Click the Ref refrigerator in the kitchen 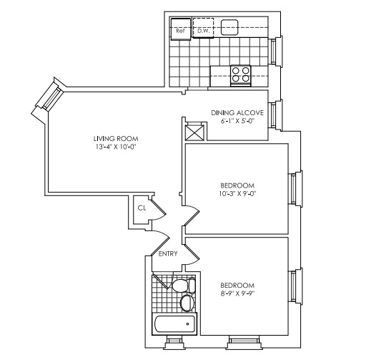[181, 29]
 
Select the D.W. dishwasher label [203, 31]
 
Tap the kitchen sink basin [229, 27]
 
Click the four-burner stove [241, 75]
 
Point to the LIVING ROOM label [116, 139]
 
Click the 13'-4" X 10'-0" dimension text [116, 147]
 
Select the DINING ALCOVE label [237, 113]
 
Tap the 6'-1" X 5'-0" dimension [238, 121]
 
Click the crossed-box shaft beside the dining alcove [194, 132]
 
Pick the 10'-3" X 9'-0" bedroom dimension [237, 193]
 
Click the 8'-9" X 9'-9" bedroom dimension [237, 293]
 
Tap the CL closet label [142, 208]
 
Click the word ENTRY [168, 253]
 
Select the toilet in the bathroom [183, 286]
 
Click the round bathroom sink [187, 303]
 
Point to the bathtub [175, 324]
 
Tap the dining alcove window [275, 115]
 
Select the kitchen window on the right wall [275, 52]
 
